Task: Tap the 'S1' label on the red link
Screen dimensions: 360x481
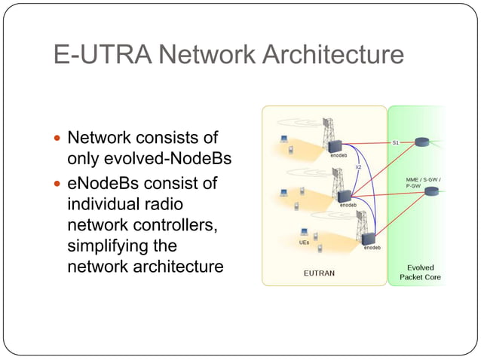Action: (x=396, y=141)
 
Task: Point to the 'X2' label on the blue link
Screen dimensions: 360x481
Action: (x=358, y=166)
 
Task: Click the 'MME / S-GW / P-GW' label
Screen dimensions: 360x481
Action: (x=423, y=182)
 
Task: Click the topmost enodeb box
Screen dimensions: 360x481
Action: (x=336, y=146)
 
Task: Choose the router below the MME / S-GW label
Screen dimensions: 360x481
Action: (x=431, y=191)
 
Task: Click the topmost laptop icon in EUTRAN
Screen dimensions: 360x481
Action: (x=285, y=139)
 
